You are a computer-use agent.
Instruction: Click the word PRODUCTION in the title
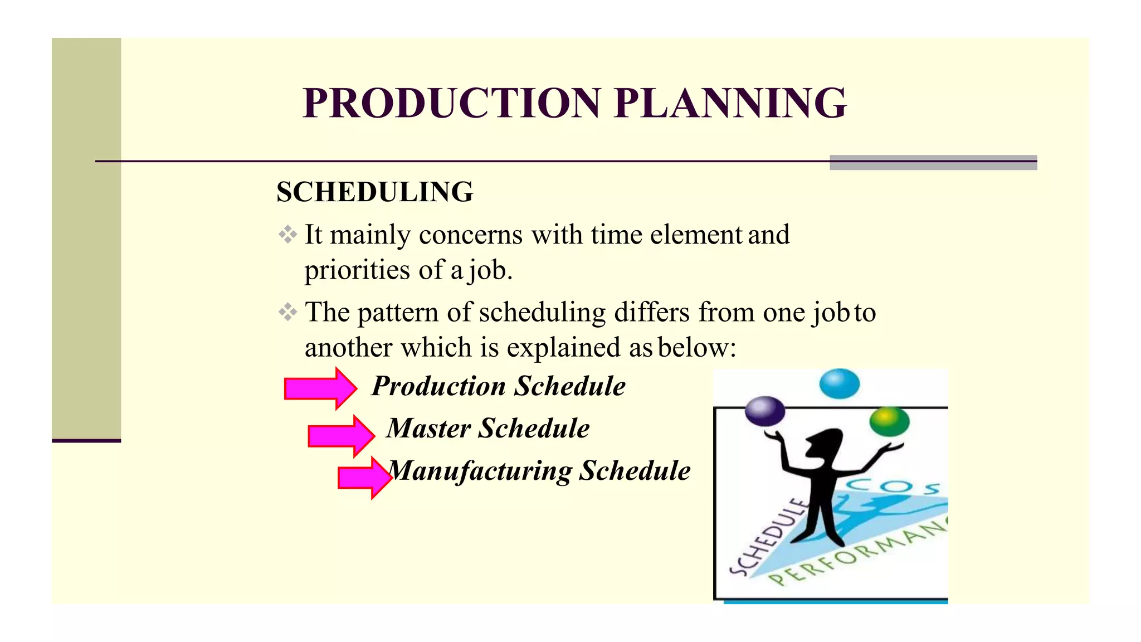point(451,104)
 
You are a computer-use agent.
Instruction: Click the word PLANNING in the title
point(730,104)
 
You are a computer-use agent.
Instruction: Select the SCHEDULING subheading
point(375,192)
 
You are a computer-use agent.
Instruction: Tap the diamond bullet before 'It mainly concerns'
point(287,234)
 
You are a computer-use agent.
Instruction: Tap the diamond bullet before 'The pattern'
point(287,312)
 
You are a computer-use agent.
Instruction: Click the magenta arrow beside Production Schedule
point(320,388)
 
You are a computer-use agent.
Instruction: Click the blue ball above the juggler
point(839,383)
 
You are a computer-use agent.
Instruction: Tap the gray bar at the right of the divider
point(933,162)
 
